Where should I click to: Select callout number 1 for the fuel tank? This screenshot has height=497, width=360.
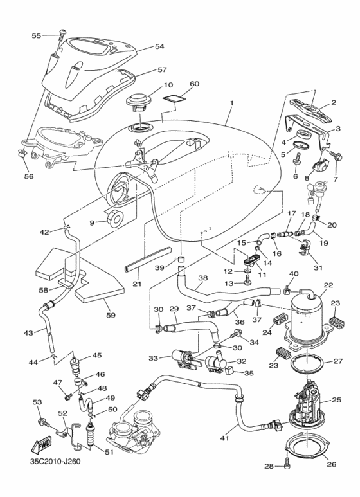231,104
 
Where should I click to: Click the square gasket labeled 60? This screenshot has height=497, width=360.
174,98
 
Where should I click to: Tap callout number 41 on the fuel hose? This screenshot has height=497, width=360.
224,438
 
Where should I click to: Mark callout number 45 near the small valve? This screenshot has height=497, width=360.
97,355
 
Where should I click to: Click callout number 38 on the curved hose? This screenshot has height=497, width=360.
203,279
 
